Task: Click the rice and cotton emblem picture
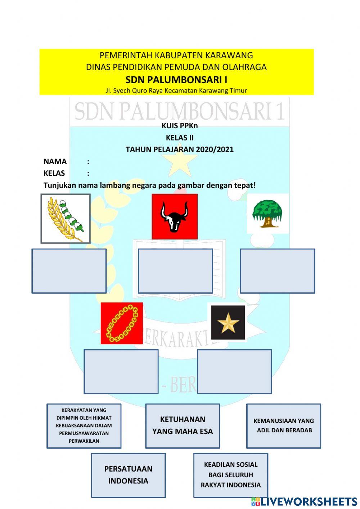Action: pos(65,219)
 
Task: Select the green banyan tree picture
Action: pos(267,214)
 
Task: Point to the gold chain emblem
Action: pos(122,323)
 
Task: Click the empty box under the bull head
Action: pos(175,271)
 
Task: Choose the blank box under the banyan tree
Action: pos(277,271)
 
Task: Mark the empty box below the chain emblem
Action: pos(121,371)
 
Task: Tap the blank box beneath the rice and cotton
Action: pos(69,271)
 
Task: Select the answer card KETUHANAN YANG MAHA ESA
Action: pos(183,426)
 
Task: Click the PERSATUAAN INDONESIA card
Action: pos(128,475)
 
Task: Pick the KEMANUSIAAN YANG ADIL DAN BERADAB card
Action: pos(284,426)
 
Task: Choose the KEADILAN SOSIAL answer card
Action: pos(231,475)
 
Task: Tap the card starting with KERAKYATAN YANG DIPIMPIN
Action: pos(84,426)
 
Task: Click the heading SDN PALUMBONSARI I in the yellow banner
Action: pos(176,79)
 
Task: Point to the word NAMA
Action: pos(55,161)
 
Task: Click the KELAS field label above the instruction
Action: pos(54,173)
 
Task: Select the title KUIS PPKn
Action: pos(180,126)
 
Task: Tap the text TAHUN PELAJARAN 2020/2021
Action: pos(180,149)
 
